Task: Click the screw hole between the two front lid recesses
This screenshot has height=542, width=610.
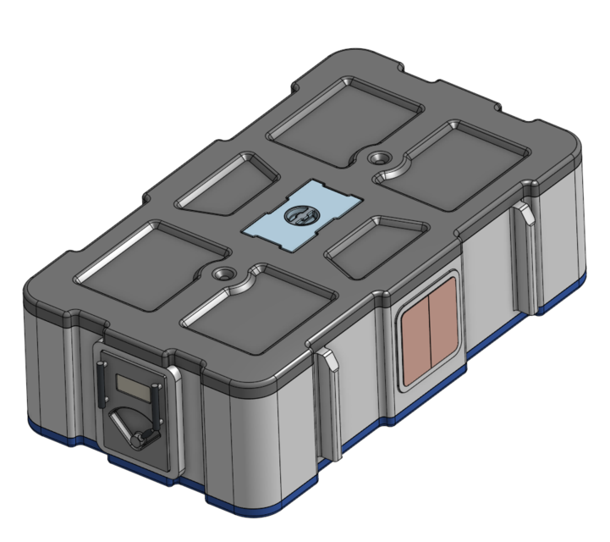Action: (x=223, y=274)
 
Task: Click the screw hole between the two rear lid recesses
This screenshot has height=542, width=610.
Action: (x=378, y=158)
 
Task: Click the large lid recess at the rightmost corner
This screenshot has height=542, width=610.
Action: (x=465, y=161)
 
